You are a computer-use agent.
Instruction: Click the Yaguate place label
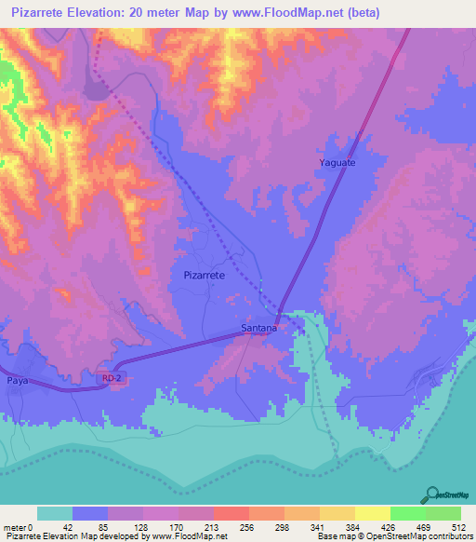tap(337, 162)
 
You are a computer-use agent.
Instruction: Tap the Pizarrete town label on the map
tap(205, 276)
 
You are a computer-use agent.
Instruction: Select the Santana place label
tap(258, 328)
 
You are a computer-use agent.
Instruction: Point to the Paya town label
tap(18, 381)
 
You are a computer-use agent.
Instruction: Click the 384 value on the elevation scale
tap(337, 526)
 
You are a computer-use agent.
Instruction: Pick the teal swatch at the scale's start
tap(54, 513)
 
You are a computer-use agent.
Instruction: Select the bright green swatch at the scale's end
tap(443, 513)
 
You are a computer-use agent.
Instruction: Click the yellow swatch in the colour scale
tap(373, 513)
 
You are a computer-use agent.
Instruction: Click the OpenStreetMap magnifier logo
tap(432, 495)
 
